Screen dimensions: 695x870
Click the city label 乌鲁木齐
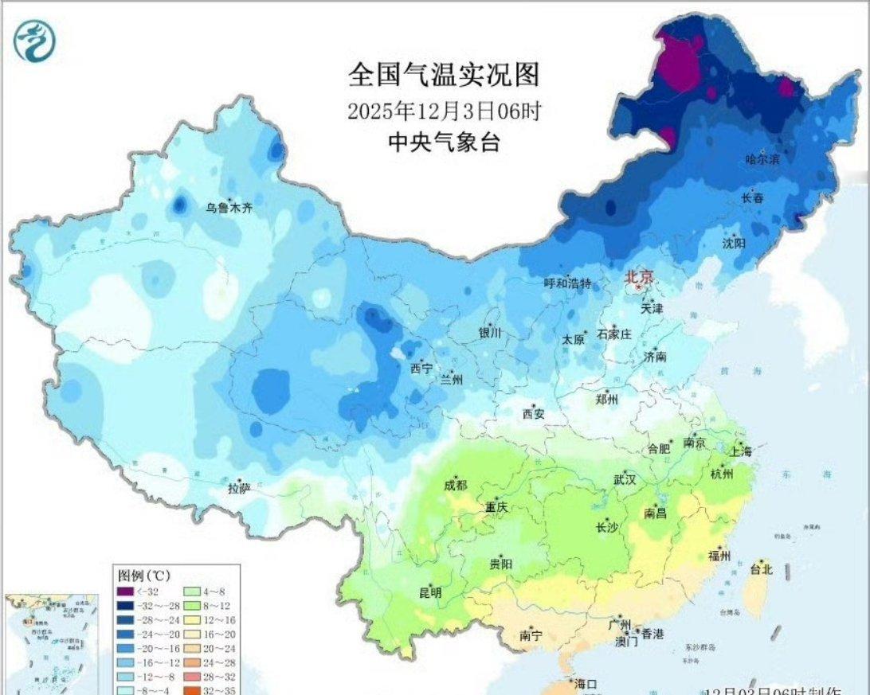[228, 209]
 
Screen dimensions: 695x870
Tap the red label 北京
[639, 276]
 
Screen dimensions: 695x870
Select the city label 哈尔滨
[763, 160]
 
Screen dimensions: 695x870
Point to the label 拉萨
[239, 488]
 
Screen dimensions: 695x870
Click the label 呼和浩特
[568, 283]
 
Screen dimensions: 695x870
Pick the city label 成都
[456, 486]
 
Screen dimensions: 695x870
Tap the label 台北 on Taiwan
[761, 569]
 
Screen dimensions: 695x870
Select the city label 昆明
[430, 593]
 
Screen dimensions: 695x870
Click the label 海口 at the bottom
[586, 684]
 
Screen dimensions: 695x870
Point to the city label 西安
[533, 413]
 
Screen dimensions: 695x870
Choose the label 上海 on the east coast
[740, 451]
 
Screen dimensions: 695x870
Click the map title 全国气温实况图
[444, 75]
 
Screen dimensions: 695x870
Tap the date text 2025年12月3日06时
[444, 111]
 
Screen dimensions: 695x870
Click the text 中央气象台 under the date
[444, 143]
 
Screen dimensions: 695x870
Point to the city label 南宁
[531, 635]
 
